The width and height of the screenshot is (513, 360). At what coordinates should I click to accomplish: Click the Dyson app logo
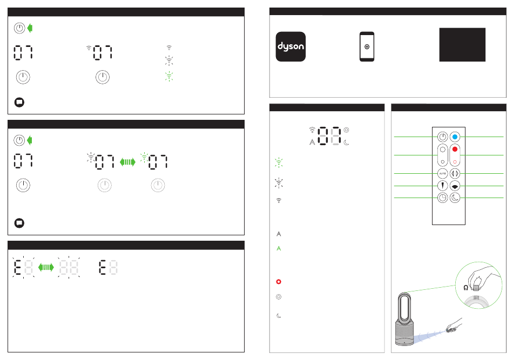pos(291,46)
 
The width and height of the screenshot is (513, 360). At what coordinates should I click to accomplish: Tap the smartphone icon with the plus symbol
pos(367,47)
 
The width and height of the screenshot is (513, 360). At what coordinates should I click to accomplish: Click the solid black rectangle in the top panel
pos(462,45)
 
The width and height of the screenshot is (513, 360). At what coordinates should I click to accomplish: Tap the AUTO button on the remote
pos(442,174)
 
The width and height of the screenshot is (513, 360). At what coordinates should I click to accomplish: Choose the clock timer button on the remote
pos(442,198)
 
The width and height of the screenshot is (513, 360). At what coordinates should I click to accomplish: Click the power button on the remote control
pos(442,137)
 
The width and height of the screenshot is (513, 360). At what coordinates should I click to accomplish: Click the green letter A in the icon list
pos(279,248)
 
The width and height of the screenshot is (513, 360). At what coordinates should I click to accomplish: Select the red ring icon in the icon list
pos(279,282)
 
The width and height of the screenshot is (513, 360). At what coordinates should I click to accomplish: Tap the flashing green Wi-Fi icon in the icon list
pos(279,162)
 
